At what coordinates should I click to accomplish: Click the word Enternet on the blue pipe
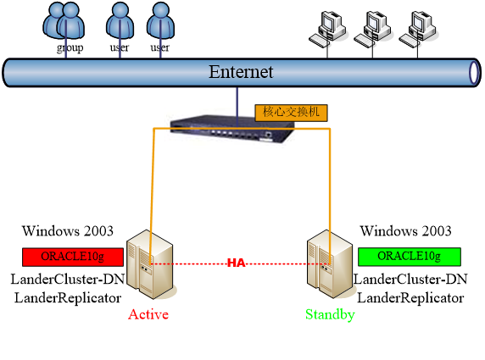click(241, 72)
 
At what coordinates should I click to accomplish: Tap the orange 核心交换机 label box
click(291, 113)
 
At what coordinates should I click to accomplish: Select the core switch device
click(232, 129)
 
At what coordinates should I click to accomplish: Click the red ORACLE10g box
click(73, 257)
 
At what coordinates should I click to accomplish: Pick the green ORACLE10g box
click(410, 257)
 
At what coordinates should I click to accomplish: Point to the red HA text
click(237, 263)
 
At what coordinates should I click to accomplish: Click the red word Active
click(148, 314)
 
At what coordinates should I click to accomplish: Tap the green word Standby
click(330, 315)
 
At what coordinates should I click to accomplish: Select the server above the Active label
click(151, 264)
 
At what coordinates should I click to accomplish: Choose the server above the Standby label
click(331, 264)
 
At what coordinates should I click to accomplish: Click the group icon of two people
click(64, 21)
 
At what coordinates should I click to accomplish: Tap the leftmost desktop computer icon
click(327, 30)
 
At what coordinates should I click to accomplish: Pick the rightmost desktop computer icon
click(417, 30)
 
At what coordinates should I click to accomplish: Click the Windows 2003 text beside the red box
click(68, 231)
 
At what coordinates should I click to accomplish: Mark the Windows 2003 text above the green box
click(405, 231)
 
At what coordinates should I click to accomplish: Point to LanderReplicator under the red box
click(68, 298)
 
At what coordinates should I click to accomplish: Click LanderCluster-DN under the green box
click(410, 280)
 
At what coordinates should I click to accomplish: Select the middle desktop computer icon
click(372, 30)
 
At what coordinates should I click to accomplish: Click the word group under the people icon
click(70, 48)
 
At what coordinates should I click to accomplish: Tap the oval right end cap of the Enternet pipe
click(474, 73)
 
